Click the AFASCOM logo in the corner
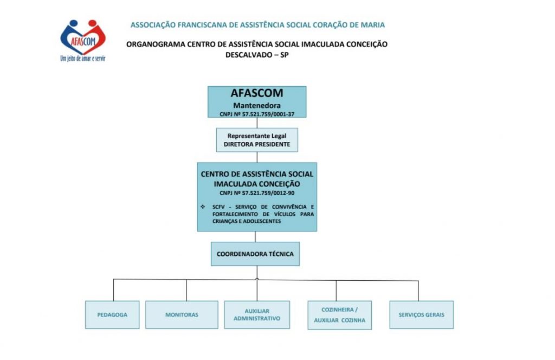click(83, 40)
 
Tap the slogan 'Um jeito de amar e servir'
click(83, 59)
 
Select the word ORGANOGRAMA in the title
click(156, 44)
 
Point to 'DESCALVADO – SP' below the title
click(257, 55)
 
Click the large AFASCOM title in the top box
click(257, 93)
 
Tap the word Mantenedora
click(257, 105)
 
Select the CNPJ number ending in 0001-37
click(257, 114)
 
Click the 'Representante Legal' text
click(257, 136)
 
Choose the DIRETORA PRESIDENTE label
click(257, 144)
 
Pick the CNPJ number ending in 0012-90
click(257, 193)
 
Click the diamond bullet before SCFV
click(203, 207)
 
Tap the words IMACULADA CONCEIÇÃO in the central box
click(257, 184)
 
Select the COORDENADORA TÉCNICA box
click(255, 254)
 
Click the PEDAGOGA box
click(112, 314)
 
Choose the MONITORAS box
click(182, 314)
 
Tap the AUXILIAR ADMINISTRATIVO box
click(257, 314)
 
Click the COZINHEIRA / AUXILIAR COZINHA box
click(340, 315)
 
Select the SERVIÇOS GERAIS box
click(422, 314)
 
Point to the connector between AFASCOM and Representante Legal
click(257, 123)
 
